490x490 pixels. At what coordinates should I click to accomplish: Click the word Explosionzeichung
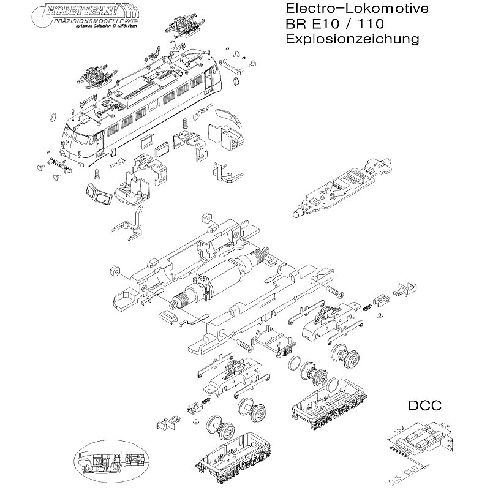coord(352,39)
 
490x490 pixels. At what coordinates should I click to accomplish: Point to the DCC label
coord(424,406)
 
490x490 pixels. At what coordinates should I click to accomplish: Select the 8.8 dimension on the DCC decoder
coord(445,423)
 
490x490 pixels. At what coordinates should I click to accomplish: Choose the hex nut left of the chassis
coord(113,270)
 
